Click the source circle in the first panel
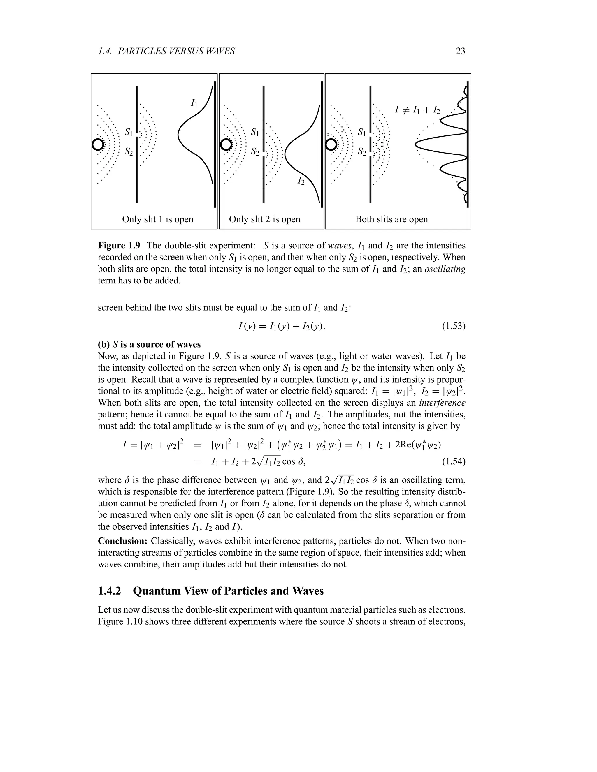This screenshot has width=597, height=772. pos(98,144)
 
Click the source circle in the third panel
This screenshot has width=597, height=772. pos(331,144)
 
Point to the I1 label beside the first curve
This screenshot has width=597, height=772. pos(194,103)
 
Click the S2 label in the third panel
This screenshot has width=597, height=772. pos(362,152)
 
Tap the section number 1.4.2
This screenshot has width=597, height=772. pos(109,591)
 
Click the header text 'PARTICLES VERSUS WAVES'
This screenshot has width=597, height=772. pos(176,51)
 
